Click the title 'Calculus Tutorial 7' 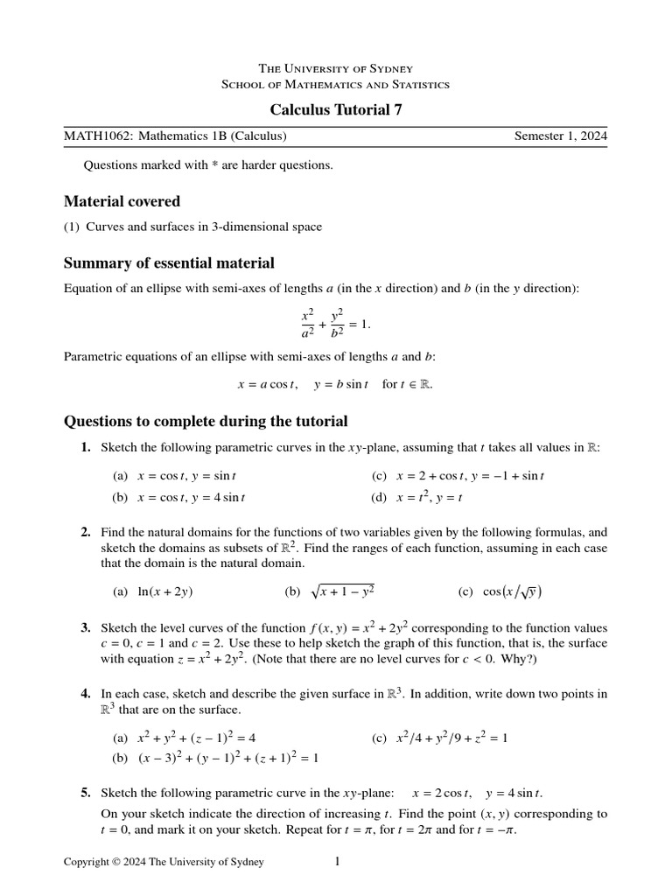click(x=336, y=109)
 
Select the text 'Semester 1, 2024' click(x=560, y=136)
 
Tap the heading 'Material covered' click(x=122, y=201)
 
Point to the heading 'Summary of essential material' click(x=169, y=263)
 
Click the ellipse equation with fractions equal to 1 click(x=336, y=323)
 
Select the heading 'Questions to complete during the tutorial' click(x=206, y=421)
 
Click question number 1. click(x=86, y=447)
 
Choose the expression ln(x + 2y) click(x=165, y=591)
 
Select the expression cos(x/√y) click(x=512, y=591)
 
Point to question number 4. click(x=86, y=694)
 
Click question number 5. click(x=86, y=794)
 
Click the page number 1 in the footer click(x=337, y=862)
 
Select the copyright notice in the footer click(x=164, y=863)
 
